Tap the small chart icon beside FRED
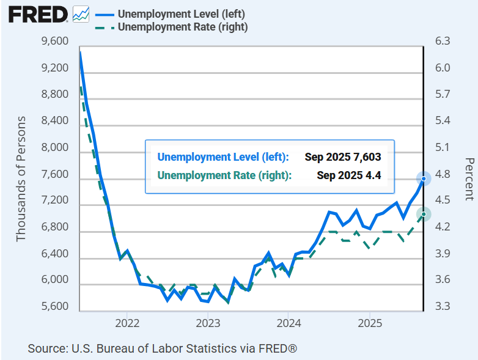pos(80,13)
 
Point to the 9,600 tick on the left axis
pos(54,42)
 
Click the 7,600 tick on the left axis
pos(54,175)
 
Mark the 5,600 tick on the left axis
pos(54,307)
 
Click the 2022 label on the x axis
pos(127,323)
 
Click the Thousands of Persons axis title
pos(21,178)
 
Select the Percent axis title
pos(469,178)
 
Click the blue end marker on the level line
pos(424,178)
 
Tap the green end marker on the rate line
pos(424,214)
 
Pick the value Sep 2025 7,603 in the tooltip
pos(342,157)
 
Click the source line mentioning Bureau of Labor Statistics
pos(162,348)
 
